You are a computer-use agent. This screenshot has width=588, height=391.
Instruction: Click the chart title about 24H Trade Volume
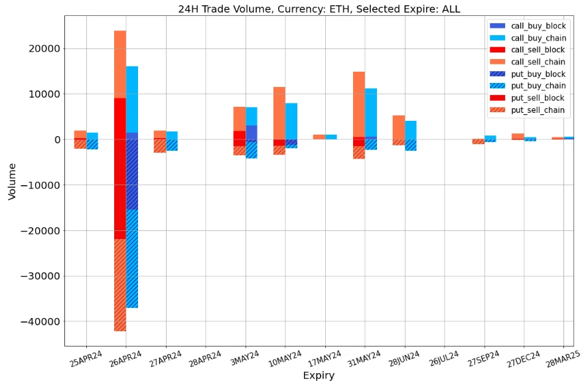click(319, 9)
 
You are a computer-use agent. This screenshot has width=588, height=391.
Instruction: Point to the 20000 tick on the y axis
click(42, 49)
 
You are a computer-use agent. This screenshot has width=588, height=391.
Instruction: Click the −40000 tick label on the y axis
click(38, 322)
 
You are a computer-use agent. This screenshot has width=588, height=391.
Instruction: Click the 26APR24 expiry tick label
click(125, 360)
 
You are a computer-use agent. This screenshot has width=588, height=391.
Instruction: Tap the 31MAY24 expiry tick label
click(364, 360)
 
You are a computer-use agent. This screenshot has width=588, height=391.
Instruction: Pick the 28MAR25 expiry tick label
click(563, 360)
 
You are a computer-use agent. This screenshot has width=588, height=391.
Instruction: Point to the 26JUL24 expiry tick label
click(444, 360)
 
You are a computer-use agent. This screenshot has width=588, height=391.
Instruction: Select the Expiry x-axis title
click(319, 376)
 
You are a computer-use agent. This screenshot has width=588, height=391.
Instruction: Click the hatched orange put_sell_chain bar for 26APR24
click(120, 285)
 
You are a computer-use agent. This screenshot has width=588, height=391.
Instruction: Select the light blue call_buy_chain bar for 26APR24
click(132, 100)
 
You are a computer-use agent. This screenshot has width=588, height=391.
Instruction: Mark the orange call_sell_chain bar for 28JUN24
click(399, 127)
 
